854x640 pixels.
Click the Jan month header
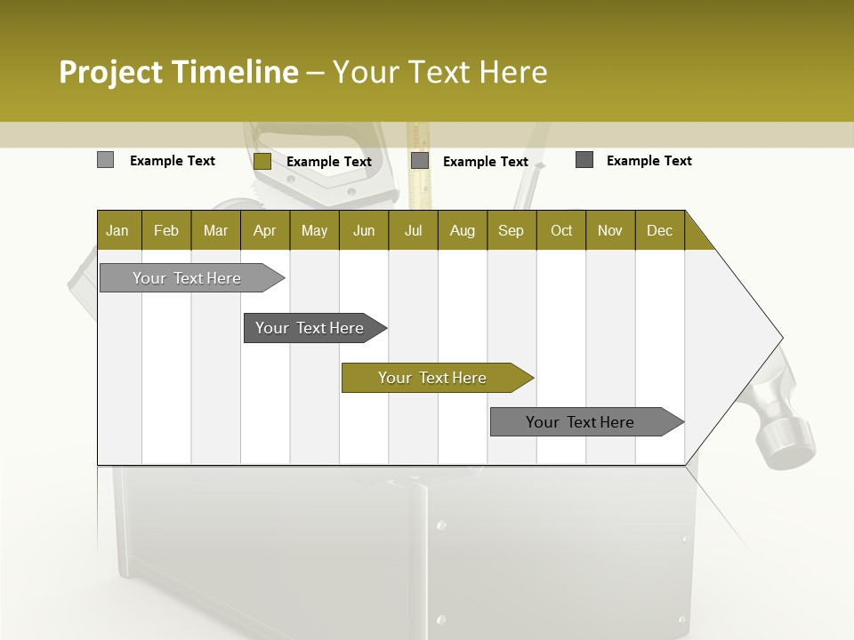coord(117,230)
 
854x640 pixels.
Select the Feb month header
coord(166,230)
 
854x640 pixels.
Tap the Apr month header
coord(264,230)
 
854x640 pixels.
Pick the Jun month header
coord(364,230)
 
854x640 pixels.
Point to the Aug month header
coord(462,230)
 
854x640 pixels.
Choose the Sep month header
coord(511,230)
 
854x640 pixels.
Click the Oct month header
coord(561,230)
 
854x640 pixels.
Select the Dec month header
coord(659,230)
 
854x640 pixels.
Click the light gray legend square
coord(105,160)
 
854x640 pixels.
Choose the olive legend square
coord(262,161)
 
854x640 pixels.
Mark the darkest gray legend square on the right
coord(584,160)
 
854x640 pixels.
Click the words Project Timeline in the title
coord(179,72)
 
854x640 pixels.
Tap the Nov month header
coord(610,230)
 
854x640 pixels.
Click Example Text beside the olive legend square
coord(329,162)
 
